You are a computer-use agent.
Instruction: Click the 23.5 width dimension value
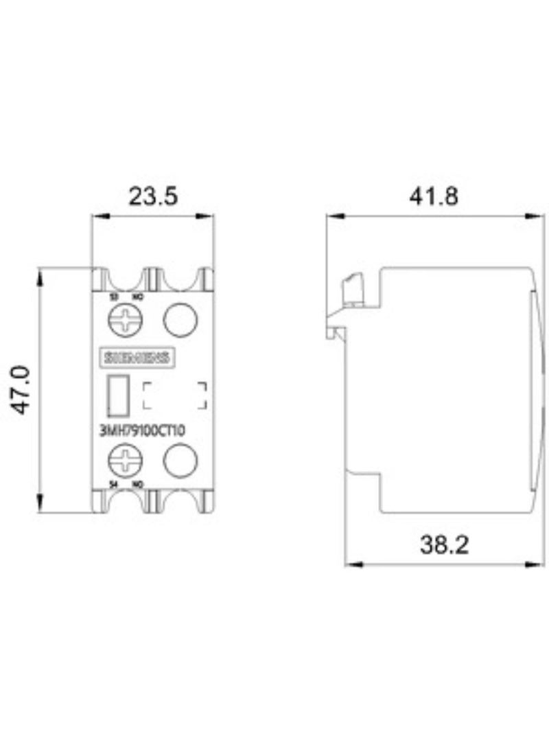tap(153, 196)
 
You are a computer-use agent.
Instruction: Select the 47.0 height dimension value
tap(23, 389)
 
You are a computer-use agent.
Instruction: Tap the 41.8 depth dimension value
tap(434, 196)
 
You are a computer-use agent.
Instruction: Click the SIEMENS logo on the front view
tap(137, 357)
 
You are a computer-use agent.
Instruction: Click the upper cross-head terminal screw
tap(124, 320)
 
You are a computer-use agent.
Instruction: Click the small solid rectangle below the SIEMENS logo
tap(117, 396)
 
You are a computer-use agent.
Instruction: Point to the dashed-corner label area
tap(174, 397)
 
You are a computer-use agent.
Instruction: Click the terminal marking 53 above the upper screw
tap(114, 297)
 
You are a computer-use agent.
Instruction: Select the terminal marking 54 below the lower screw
tap(115, 485)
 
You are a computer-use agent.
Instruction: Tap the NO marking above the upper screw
tap(137, 297)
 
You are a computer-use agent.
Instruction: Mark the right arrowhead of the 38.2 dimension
tap(535, 564)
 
